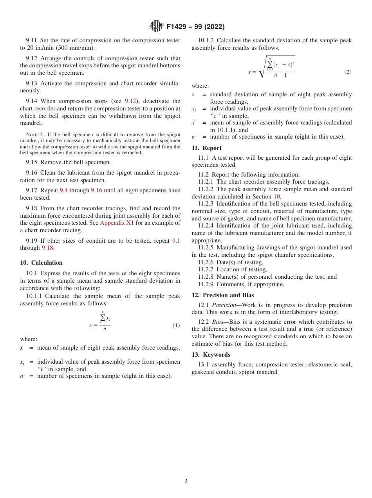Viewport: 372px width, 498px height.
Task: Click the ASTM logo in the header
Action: click(156, 27)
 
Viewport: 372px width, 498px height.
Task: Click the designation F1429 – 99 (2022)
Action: click(195, 27)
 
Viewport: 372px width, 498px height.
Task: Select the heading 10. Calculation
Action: click(41, 263)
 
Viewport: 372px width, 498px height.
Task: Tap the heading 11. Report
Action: click(212, 148)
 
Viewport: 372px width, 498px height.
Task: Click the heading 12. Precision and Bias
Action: click(222, 295)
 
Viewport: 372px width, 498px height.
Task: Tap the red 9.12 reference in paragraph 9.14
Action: click(130, 101)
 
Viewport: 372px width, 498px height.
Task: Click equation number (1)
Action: click(176, 325)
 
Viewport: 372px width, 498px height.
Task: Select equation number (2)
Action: click(348, 72)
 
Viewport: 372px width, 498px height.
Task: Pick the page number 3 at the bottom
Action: click(186, 481)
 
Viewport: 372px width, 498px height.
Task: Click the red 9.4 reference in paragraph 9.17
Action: click(63, 190)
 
